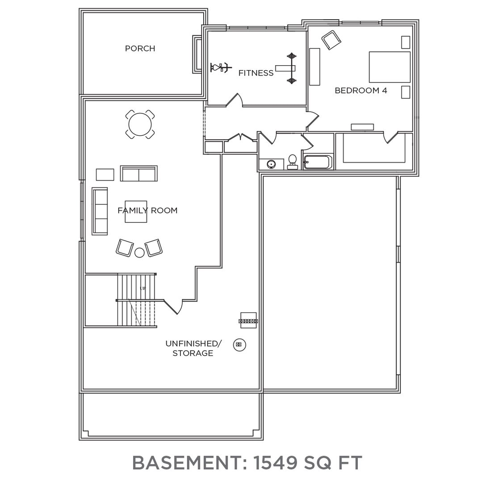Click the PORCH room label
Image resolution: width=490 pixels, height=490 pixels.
pos(140,48)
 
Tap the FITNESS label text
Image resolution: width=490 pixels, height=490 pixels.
pos(255,73)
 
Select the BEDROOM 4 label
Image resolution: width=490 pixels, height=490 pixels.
pos(360,90)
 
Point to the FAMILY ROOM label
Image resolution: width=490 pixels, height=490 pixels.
pos(147,210)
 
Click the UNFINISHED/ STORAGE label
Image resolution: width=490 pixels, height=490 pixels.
pos(193,348)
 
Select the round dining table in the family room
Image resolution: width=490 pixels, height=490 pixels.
pos(140,124)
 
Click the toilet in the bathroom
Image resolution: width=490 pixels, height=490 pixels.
pos(293,162)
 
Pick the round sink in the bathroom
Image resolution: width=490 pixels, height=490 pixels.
pos(271,164)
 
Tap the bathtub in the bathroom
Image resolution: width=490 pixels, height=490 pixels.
pos(318,162)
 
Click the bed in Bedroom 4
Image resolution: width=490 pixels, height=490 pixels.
pos(389,67)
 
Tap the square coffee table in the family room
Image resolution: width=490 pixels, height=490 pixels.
pos(136,210)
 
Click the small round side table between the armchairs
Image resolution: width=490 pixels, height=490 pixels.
pos(140,252)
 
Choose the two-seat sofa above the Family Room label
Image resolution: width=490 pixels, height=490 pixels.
pos(139,174)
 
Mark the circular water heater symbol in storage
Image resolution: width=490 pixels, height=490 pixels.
pos(240,345)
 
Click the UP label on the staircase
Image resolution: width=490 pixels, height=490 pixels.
pos(143,288)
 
